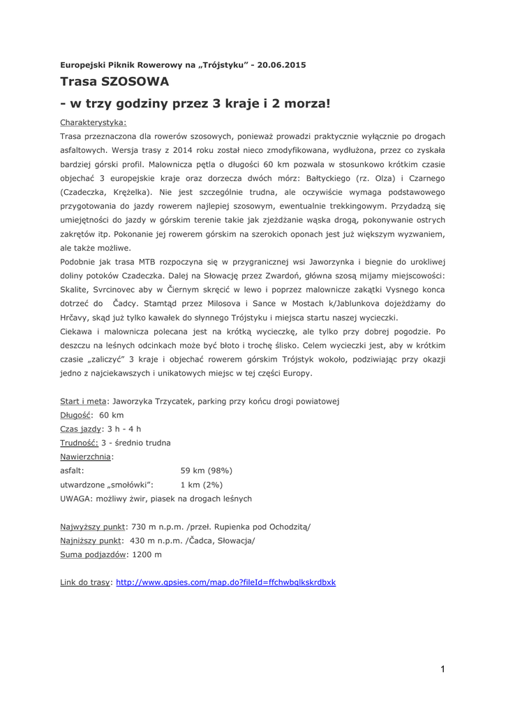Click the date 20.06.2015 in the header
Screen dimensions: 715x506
[x=281, y=65]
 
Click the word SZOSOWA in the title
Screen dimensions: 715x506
[x=135, y=81]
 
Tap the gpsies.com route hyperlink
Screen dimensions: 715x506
[x=225, y=582]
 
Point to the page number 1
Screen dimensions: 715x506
[x=442, y=670]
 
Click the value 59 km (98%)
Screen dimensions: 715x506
[x=206, y=471]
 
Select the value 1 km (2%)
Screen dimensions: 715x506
[x=202, y=485]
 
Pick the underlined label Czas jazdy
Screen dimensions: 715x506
[x=81, y=429]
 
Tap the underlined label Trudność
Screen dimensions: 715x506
[x=79, y=443]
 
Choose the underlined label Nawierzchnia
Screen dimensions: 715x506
[x=87, y=457]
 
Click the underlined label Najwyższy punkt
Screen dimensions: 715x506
[x=93, y=526]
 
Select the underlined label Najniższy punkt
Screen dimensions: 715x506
[x=91, y=540]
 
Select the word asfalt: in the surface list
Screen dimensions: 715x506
[x=73, y=471]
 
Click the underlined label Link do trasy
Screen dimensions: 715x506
[x=85, y=582]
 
